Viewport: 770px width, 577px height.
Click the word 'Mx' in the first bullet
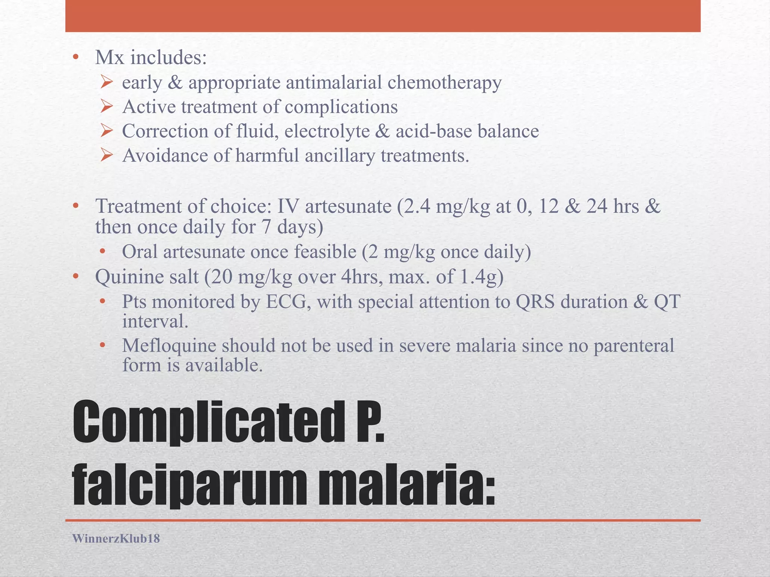click(x=109, y=58)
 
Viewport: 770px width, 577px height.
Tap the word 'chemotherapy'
click(x=444, y=83)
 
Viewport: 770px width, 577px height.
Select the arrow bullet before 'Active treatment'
click(x=106, y=107)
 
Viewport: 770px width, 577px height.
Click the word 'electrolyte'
click(x=327, y=131)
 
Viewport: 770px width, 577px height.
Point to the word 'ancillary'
click(x=340, y=156)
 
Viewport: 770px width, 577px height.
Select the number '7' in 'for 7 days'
click(x=267, y=227)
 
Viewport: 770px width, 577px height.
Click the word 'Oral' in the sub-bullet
click(x=140, y=252)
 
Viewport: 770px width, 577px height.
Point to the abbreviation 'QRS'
click(x=535, y=302)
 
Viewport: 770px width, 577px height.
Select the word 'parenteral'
click(x=634, y=346)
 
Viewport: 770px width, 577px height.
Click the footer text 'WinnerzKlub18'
click(x=116, y=539)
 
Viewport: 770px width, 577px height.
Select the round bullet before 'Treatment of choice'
click(x=76, y=206)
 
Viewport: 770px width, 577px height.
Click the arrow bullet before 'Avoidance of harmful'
click(x=106, y=156)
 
